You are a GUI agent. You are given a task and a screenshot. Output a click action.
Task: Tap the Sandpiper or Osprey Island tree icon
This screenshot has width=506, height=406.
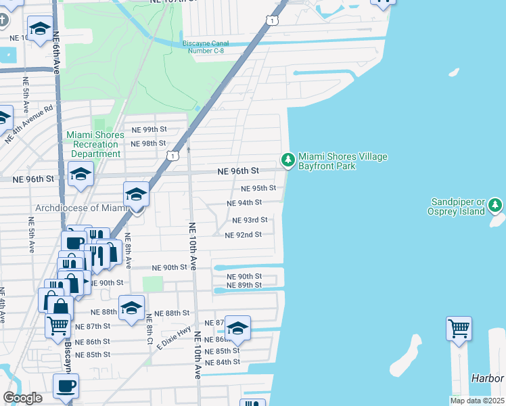tap(496, 204)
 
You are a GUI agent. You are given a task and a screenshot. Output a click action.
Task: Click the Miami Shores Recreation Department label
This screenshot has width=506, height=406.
tap(95, 144)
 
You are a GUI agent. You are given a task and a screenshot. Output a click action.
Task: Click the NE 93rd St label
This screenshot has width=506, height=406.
tap(250, 220)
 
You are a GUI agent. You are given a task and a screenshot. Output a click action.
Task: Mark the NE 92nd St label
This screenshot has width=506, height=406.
tap(243, 235)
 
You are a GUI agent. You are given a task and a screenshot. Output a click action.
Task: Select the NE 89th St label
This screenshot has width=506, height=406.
tap(244, 285)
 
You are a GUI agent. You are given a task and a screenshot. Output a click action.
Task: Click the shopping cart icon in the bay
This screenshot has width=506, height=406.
tap(459, 328)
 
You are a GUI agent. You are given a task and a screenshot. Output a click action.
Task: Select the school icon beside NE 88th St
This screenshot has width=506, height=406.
tap(131, 308)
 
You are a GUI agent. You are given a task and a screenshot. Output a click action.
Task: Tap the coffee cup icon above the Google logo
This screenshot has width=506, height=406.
tap(66, 386)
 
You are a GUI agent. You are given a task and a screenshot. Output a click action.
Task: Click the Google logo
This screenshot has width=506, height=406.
tap(22, 398)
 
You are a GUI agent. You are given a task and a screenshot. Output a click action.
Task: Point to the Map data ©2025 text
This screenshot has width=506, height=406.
tap(476, 401)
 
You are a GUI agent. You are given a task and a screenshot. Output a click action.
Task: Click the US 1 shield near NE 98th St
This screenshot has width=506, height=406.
tap(175, 156)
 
